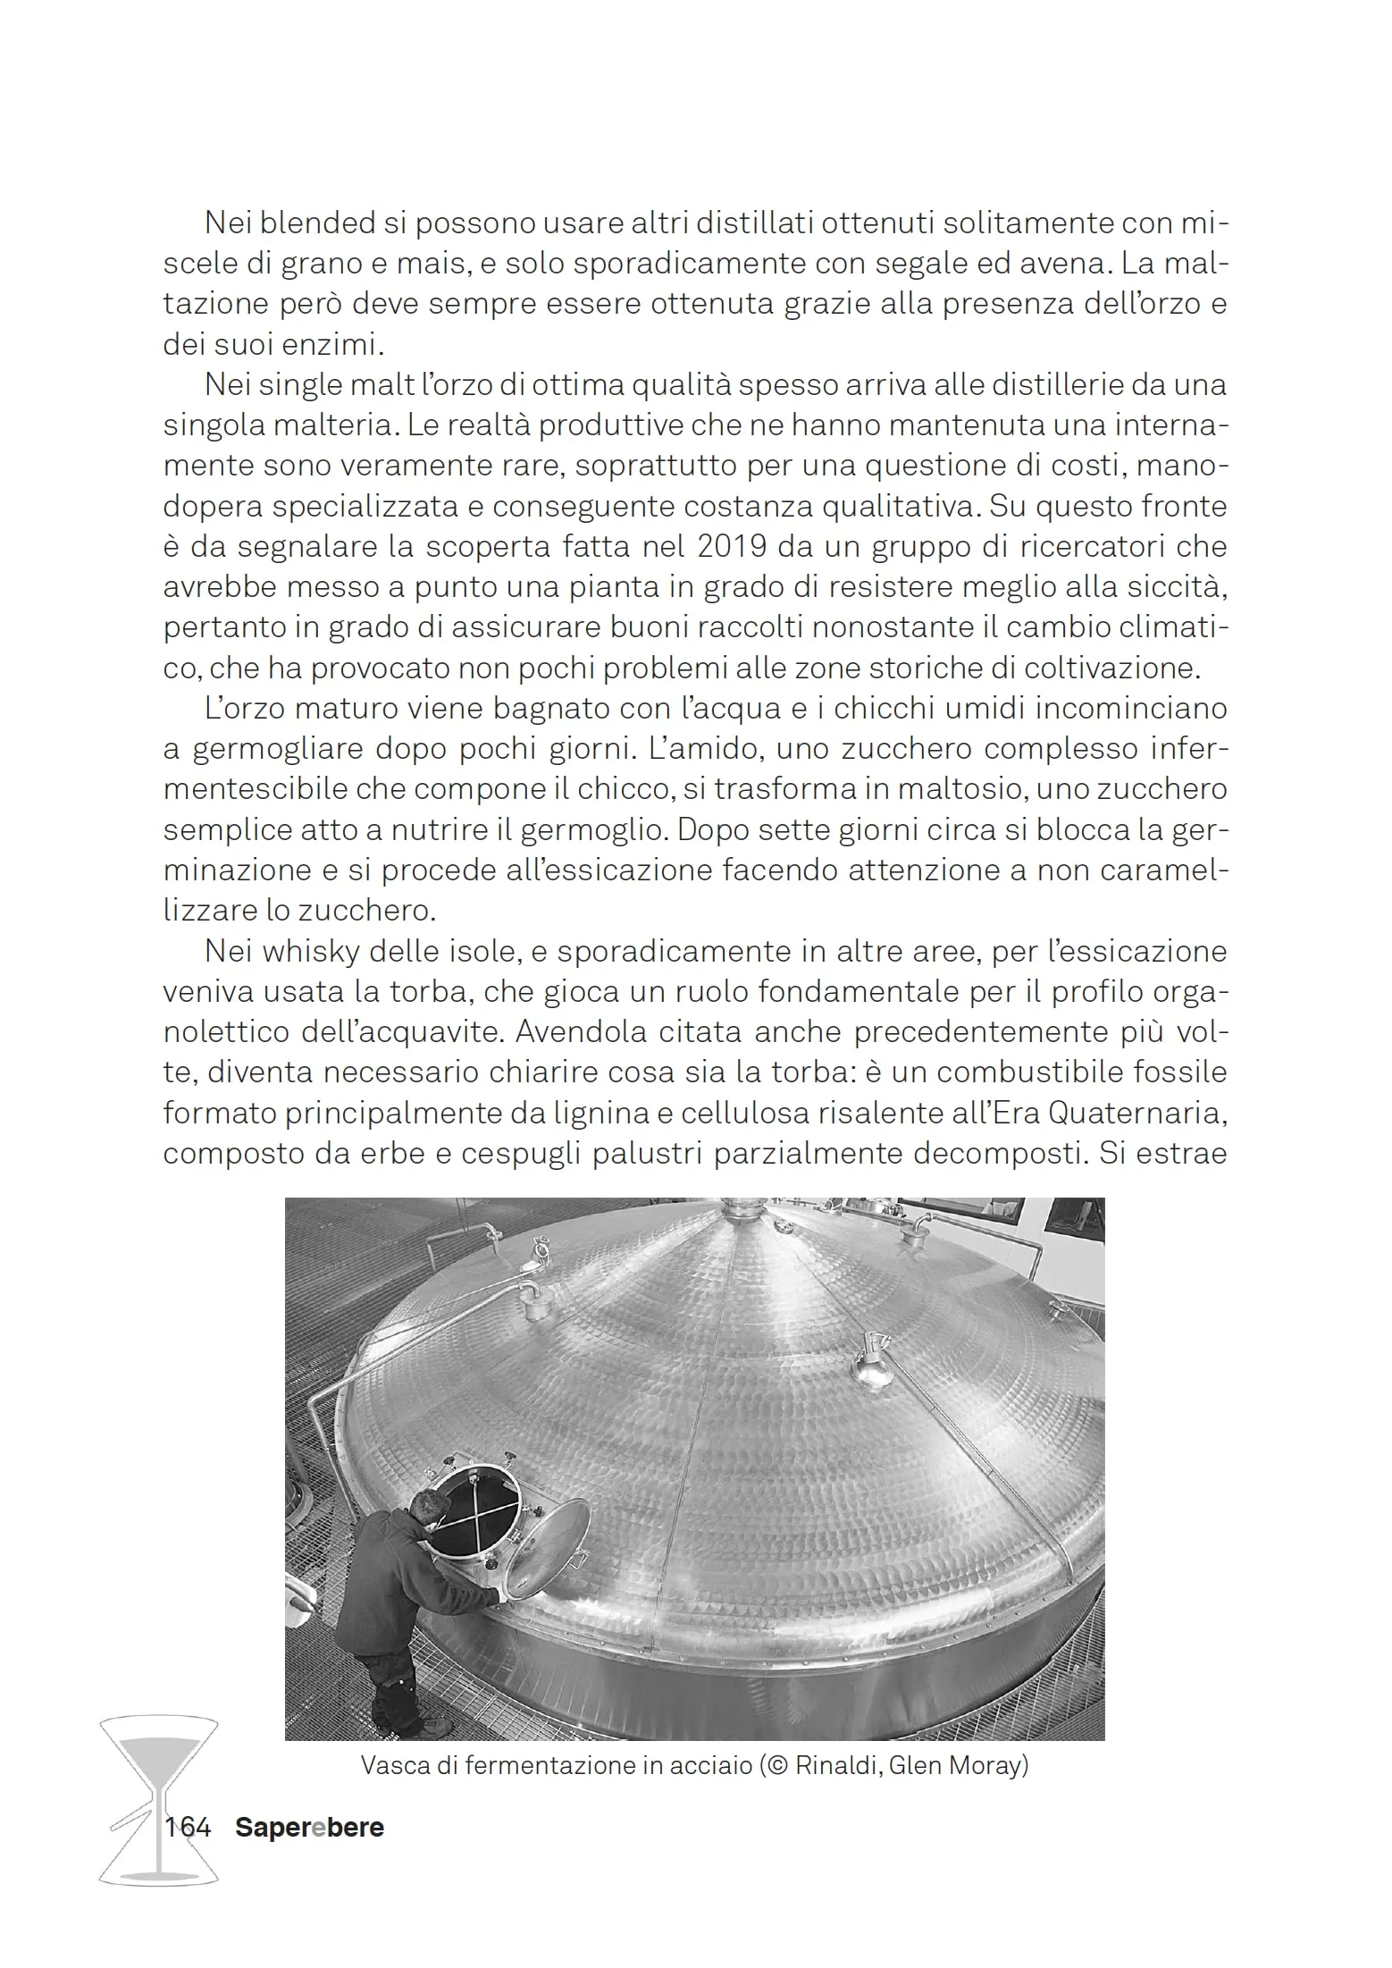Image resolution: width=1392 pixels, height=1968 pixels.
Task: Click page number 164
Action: pos(188,1827)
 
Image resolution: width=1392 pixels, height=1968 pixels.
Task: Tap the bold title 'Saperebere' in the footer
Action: pos(309,1827)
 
